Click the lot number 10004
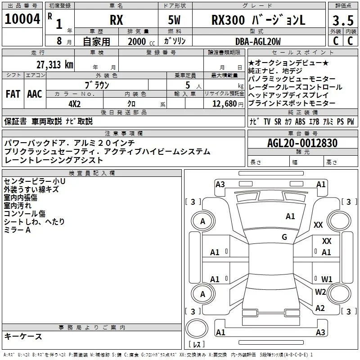click(22, 19)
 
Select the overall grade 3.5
click(343, 20)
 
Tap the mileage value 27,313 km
click(55, 65)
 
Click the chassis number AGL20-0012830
click(302, 143)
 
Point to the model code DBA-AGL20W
click(258, 41)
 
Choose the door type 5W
click(174, 20)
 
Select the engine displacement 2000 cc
click(141, 41)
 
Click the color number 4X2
click(75, 104)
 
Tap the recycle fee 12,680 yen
click(228, 104)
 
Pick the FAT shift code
click(13, 94)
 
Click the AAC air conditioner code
click(35, 94)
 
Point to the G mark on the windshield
click(284, 237)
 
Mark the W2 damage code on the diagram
click(320, 292)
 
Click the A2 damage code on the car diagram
click(320, 308)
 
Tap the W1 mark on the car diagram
click(327, 279)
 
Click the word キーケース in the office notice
click(23, 336)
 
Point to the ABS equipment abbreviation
click(300, 121)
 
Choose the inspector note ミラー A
click(17, 229)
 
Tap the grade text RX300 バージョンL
click(258, 20)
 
